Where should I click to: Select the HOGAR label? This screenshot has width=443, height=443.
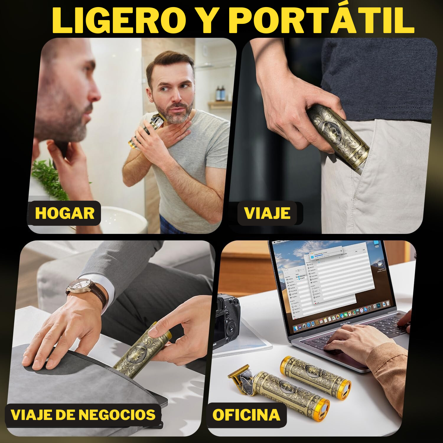[x=65, y=213]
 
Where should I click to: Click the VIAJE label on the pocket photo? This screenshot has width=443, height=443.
[x=267, y=213]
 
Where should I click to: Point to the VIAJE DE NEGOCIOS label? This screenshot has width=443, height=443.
[x=83, y=415]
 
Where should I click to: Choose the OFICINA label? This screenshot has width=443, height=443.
[x=246, y=415]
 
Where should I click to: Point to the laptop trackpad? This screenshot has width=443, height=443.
[x=348, y=359]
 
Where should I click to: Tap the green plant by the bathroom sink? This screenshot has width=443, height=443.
[x=49, y=179]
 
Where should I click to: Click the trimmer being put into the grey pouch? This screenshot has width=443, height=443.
[x=142, y=351]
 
